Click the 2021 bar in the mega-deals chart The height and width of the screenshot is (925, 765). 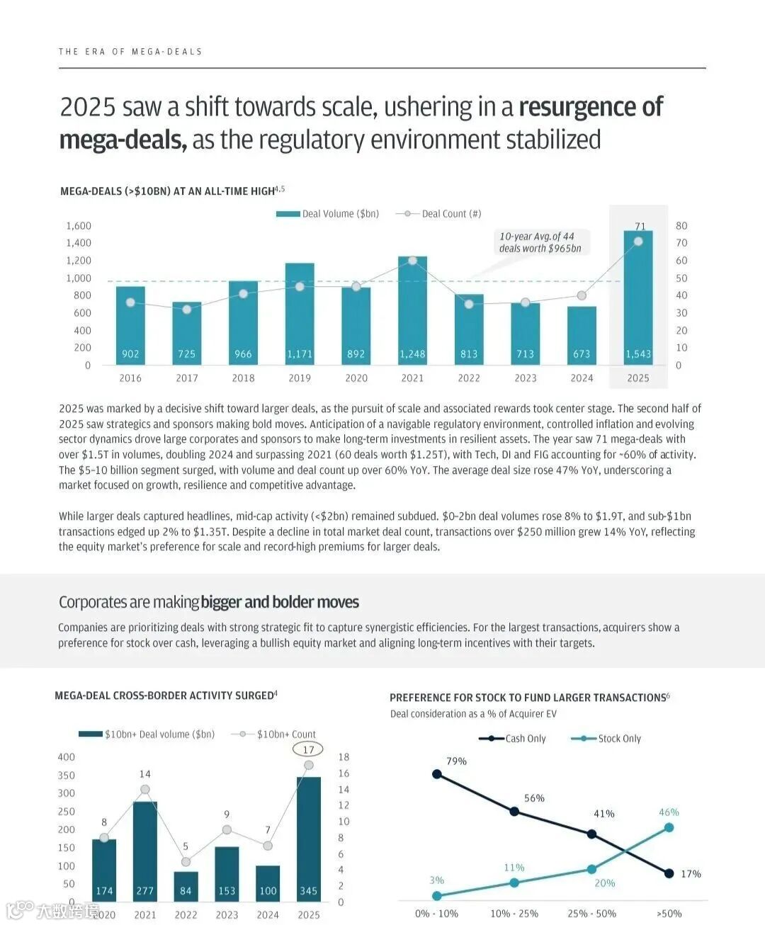[412, 312]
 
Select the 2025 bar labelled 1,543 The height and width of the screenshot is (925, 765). [638, 297]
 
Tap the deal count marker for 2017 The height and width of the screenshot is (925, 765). [187, 310]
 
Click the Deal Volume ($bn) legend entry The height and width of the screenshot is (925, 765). [328, 214]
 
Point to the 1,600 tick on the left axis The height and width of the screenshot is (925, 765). [79, 226]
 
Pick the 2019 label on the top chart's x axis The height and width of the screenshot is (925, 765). [300, 378]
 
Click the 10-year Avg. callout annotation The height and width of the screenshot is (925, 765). [540, 242]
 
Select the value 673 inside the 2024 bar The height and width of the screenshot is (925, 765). [582, 354]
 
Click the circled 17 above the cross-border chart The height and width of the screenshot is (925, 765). [308, 749]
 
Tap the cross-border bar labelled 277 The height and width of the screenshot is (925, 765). [145, 850]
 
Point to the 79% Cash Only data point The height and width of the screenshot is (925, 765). [437, 774]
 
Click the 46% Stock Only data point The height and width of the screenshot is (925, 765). [669, 827]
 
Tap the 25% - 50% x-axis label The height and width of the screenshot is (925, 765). [591, 914]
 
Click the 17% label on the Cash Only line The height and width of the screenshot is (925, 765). [691, 874]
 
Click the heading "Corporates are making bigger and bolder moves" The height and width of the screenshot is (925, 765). [209, 602]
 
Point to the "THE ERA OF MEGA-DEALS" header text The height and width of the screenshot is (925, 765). [130, 52]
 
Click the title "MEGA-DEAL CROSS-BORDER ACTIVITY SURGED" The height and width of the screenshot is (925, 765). [166, 696]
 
